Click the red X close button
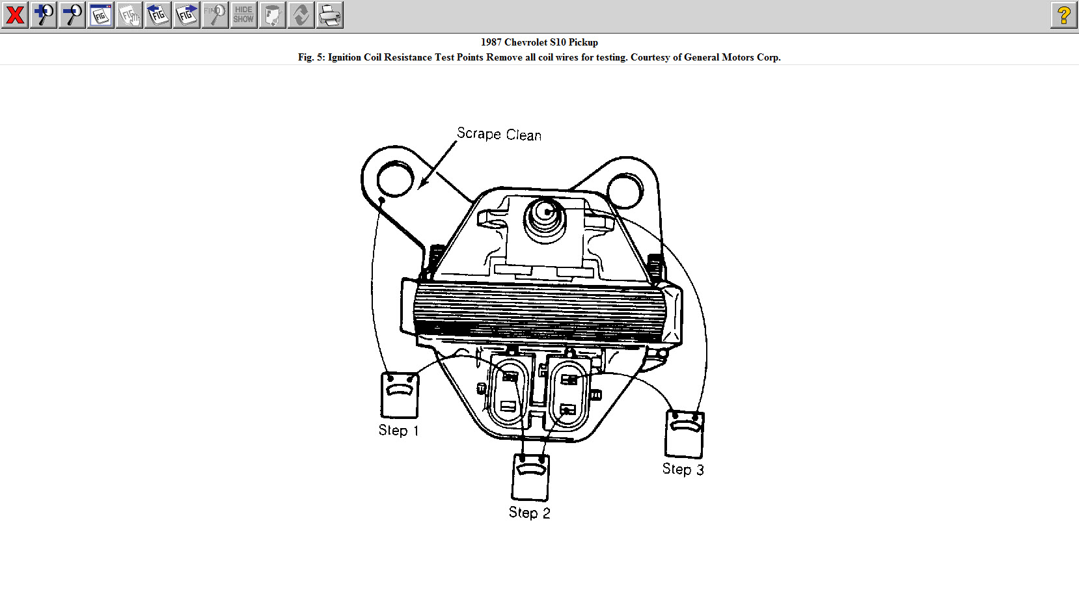(15, 15)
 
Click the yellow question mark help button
(1063, 15)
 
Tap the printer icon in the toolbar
(330, 15)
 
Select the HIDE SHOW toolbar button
(243, 15)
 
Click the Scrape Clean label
(499, 134)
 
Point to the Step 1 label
(398, 431)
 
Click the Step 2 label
(529, 513)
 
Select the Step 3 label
(683, 469)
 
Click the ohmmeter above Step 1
(399, 395)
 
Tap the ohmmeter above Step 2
(530, 477)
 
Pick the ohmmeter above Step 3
(684, 434)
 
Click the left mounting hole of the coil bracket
(395, 178)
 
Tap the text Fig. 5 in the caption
(311, 57)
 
